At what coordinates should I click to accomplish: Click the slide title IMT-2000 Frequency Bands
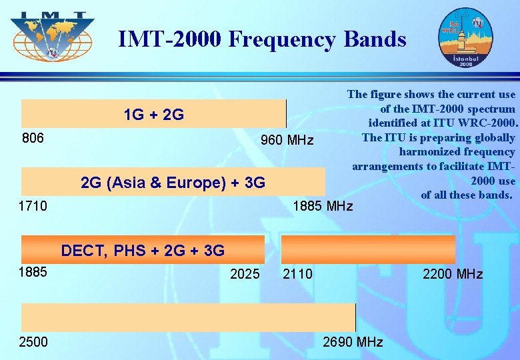[262, 39]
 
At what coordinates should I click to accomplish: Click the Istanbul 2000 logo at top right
[464, 38]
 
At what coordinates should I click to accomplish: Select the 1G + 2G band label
[154, 115]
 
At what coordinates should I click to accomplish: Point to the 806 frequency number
[33, 138]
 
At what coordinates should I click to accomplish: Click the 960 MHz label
[287, 140]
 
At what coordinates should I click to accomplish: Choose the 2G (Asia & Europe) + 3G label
[173, 182]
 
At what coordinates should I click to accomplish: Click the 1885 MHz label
[323, 206]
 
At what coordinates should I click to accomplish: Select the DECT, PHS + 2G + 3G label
[143, 251]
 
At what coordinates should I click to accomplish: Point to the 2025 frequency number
[245, 273]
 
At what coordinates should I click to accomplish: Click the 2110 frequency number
[297, 273]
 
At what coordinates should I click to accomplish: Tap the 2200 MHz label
[453, 273]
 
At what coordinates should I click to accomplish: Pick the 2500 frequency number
[34, 342]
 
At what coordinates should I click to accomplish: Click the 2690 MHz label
[353, 342]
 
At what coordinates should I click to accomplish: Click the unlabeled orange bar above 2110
[368, 249]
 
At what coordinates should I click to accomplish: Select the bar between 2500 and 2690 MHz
[188, 317]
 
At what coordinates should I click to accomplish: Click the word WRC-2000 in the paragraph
[489, 123]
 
